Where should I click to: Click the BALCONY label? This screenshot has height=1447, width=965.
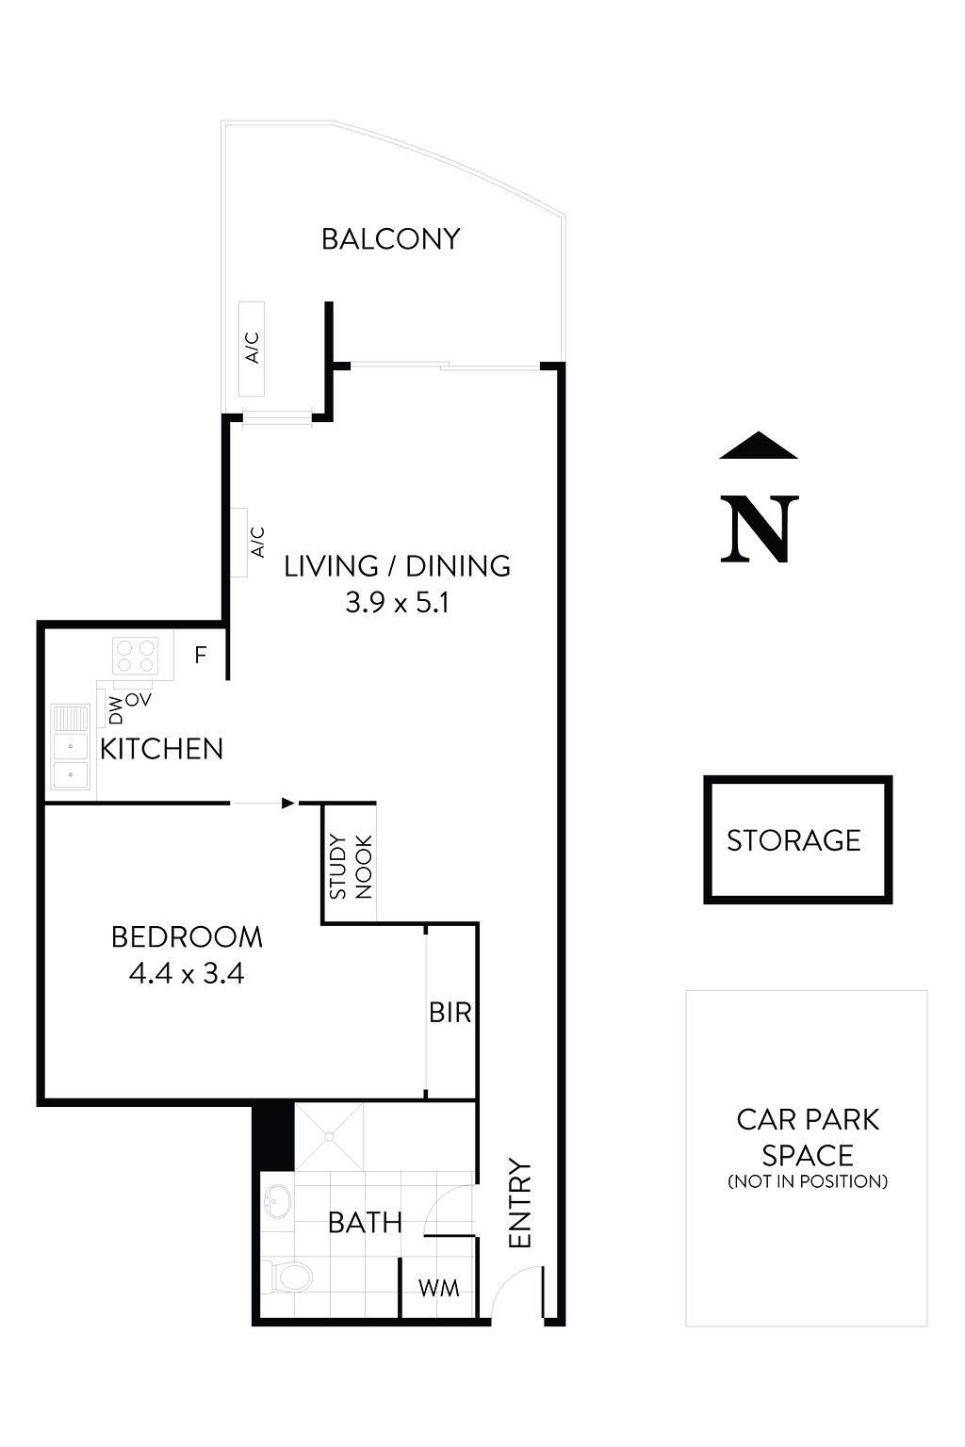390,239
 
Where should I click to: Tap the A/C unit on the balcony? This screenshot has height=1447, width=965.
252,349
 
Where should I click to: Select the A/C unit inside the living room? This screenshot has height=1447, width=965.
239,543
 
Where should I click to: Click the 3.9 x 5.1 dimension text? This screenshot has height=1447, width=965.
397,603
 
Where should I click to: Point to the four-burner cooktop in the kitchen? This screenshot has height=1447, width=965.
135,656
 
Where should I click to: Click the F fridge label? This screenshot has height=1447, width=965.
200,655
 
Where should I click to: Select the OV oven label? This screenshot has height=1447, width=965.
139,700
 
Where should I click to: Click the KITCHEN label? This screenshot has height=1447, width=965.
161,750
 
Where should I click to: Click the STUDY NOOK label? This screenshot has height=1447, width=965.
351,866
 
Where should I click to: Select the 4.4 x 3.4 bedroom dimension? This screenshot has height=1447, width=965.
186,973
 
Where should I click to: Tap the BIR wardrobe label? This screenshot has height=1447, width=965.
450,1013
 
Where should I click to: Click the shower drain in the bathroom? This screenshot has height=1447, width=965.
329,1137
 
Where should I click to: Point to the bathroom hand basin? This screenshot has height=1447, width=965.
277,1201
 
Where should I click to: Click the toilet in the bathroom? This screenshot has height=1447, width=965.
289,1277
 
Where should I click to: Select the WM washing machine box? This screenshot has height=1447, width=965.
438,1288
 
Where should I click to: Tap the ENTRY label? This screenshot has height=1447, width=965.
520,1204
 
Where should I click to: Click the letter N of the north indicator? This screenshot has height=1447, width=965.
759,529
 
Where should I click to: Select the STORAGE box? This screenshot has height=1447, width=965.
797,840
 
